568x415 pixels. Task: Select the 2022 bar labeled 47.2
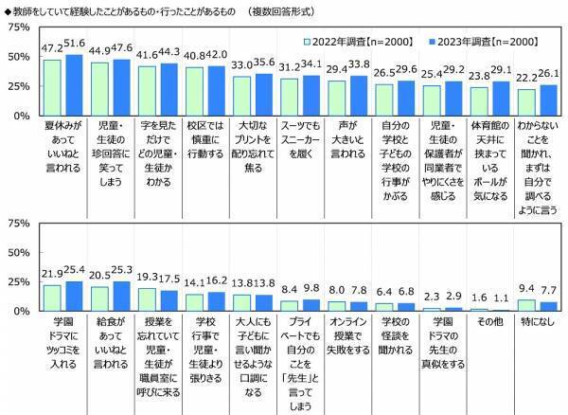pyautogui.click(x=54, y=88)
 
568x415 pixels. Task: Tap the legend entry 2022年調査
pyautogui.click(x=355, y=42)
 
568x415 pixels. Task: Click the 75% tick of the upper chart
pyautogui.click(x=17, y=28)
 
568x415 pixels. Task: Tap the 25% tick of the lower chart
pyautogui.click(x=17, y=281)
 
